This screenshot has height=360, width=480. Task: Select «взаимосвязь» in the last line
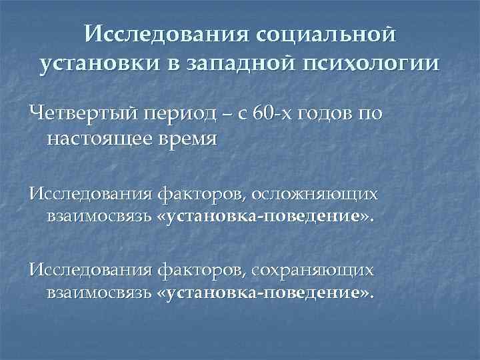(x=98, y=293)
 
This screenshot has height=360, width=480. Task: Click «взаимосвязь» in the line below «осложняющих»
(x=98, y=217)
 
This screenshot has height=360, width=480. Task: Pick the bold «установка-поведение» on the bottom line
(x=263, y=293)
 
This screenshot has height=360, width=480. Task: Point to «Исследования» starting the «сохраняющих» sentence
(x=89, y=269)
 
